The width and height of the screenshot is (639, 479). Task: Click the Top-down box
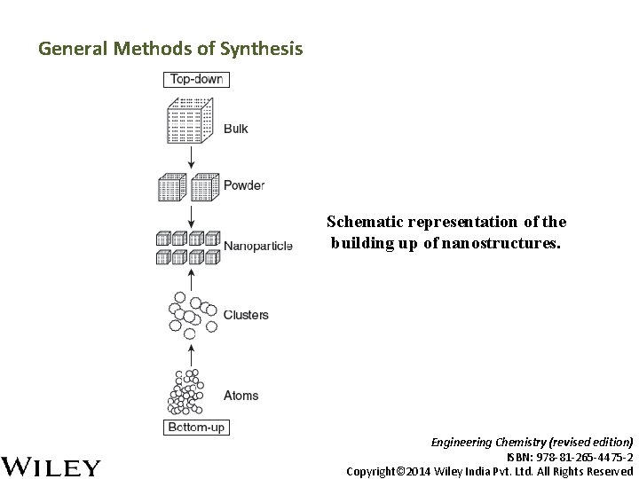[x=196, y=80]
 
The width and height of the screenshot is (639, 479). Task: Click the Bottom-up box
[x=196, y=428]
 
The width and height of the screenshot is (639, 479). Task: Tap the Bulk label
[x=236, y=129]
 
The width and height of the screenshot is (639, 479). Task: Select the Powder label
[x=244, y=185]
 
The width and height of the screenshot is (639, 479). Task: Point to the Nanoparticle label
[x=258, y=247]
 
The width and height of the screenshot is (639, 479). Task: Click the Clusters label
[x=246, y=315]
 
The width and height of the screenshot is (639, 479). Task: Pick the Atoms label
[x=241, y=396]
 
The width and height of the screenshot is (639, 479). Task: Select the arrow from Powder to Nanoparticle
[x=191, y=216]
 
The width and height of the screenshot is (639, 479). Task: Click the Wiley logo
[x=52, y=466]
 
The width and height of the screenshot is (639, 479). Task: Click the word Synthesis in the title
[x=264, y=49]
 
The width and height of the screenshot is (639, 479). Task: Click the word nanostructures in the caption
[x=505, y=241]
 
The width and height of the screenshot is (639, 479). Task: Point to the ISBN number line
[x=569, y=456]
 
